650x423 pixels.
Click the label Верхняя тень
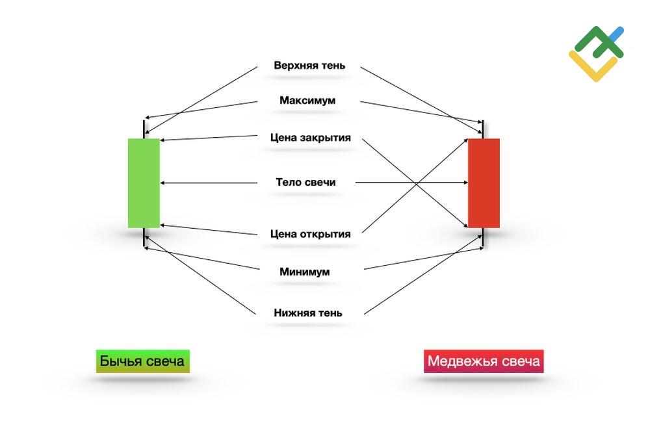309,66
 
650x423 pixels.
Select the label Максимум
307,101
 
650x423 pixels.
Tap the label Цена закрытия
311,138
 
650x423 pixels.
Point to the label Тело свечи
305,183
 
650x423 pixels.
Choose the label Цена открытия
310,234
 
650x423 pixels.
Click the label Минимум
304,272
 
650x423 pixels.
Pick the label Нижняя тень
308,313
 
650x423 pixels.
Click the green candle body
144,183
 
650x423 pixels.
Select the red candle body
484,183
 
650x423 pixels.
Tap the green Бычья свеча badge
143,361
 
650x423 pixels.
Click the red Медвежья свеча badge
484,361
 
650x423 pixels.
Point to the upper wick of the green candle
144,129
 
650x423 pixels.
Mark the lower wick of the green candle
144,237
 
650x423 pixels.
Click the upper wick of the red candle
484,129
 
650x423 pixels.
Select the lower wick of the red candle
484,237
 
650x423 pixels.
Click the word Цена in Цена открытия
284,234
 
